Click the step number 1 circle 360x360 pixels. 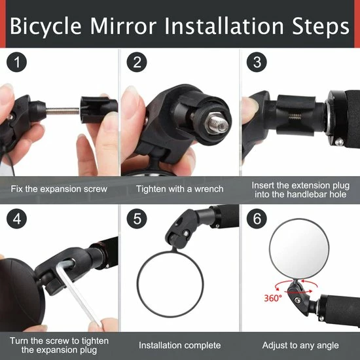(17, 62)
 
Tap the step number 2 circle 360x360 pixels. (137, 62)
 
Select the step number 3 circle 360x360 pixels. (257, 62)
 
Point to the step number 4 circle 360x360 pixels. (17, 219)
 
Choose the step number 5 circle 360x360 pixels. (137, 219)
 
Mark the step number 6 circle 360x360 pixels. (257, 219)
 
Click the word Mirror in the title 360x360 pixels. (123, 26)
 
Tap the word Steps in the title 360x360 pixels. (321, 27)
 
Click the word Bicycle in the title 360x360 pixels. (46, 27)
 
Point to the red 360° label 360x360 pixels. (273, 298)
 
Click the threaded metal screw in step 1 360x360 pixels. (62, 111)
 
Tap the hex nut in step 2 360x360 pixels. (217, 124)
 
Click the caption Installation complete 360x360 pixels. (180, 346)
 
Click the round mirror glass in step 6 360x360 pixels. (299, 249)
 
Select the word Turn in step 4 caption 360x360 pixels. (19, 341)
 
